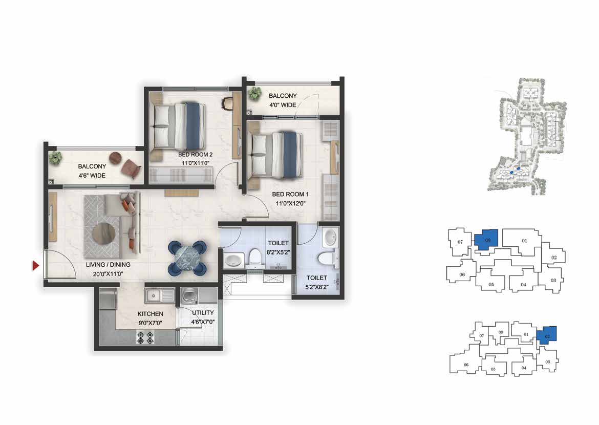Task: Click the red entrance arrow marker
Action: pyautogui.click(x=35, y=265)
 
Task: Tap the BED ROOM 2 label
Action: pyautogui.click(x=195, y=155)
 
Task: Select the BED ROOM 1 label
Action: pyautogui.click(x=290, y=194)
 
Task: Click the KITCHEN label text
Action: pyautogui.click(x=150, y=314)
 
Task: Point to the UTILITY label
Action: pyautogui.click(x=203, y=313)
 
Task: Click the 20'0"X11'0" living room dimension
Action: pyautogui.click(x=108, y=274)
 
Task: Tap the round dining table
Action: pyautogui.click(x=187, y=258)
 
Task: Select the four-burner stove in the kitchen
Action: pyautogui.click(x=145, y=337)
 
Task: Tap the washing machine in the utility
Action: pyautogui.click(x=188, y=296)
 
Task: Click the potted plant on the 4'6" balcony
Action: pyautogui.click(x=56, y=157)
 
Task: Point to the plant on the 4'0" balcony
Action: pyautogui.click(x=254, y=93)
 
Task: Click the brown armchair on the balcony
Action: pyautogui.click(x=131, y=168)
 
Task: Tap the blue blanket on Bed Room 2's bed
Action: pyautogui.click(x=195, y=126)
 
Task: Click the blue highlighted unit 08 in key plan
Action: pyautogui.click(x=486, y=240)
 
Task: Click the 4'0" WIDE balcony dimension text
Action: pyautogui.click(x=283, y=105)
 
